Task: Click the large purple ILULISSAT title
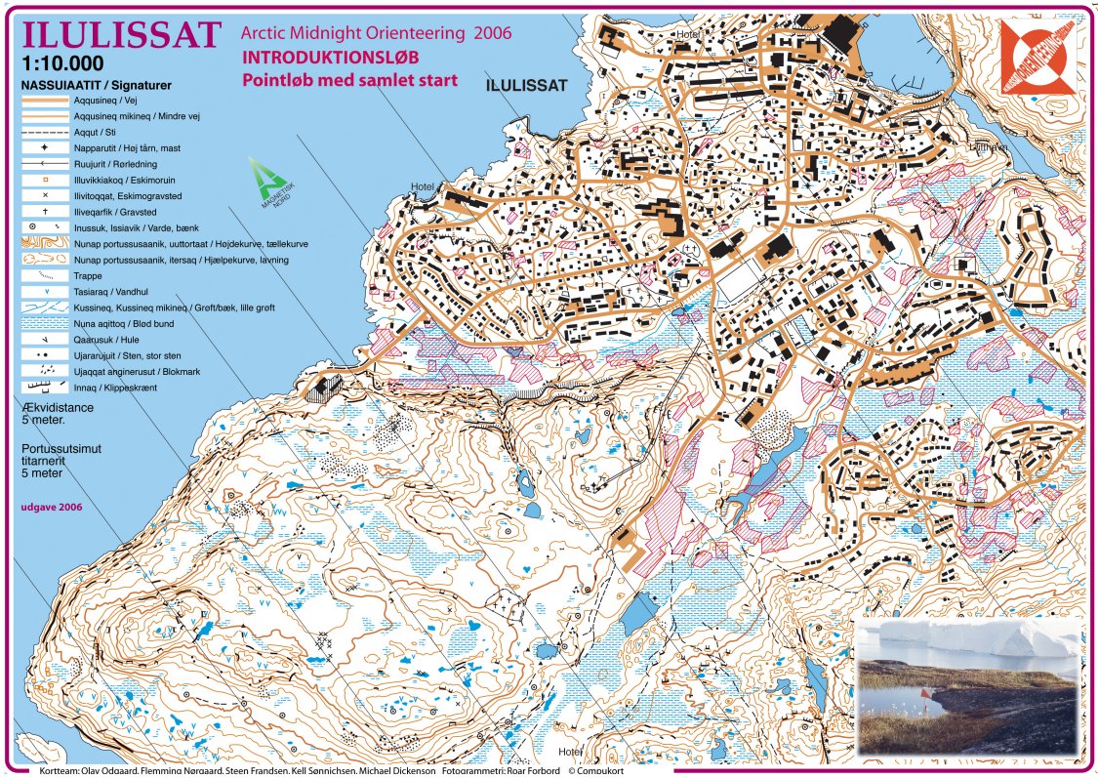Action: click(x=120, y=35)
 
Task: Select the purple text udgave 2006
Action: click(x=51, y=508)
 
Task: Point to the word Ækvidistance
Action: click(x=57, y=407)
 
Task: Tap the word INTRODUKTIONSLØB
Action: click(x=331, y=58)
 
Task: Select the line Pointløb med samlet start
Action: click(x=349, y=79)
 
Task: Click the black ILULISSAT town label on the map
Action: click(x=525, y=85)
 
